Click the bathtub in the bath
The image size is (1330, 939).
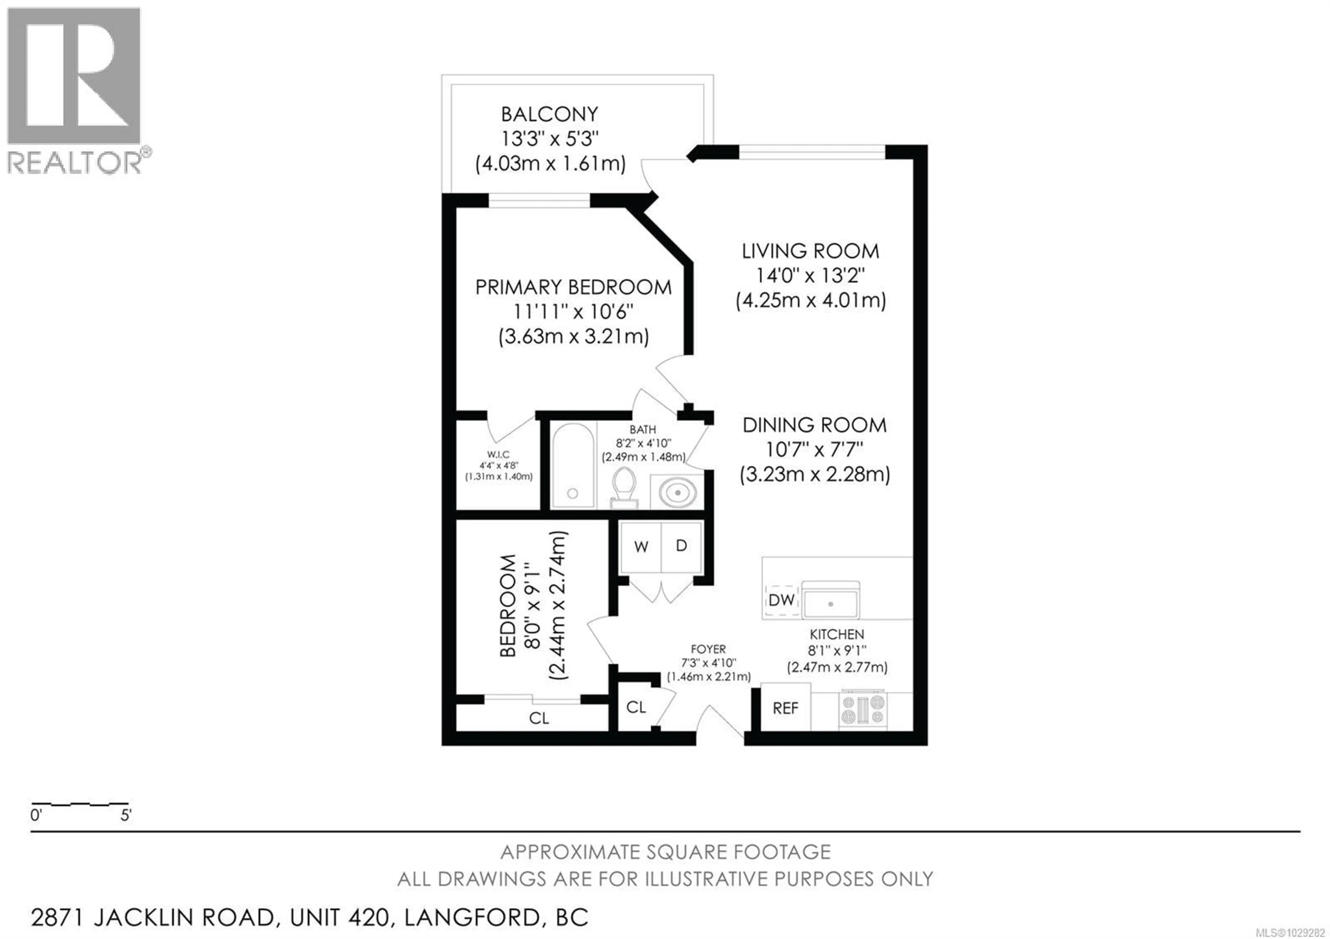pos(572,466)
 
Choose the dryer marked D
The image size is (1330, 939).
pos(681,546)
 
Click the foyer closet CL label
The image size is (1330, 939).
pos(636,707)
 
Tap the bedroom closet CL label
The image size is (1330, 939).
pos(539,718)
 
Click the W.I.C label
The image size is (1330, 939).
pos(498,455)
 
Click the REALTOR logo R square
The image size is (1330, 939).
pos(73,75)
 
